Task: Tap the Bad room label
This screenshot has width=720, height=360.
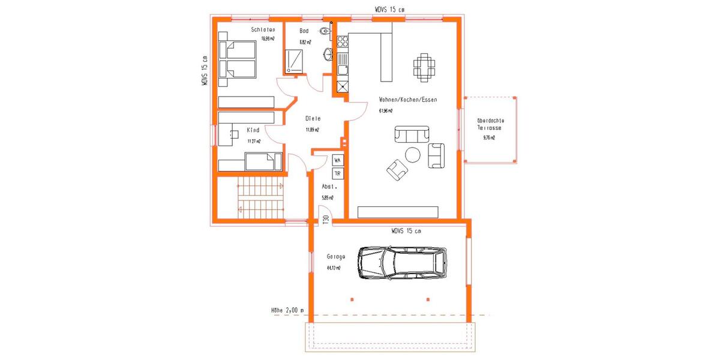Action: pyautogui.click(x=304, y=31)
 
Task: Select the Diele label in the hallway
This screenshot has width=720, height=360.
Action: pyautogui.click(x=312, y=119)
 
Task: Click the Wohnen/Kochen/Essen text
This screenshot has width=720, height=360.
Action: pyautogui.click(x=404, y=100)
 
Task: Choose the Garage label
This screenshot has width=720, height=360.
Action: pyautogui.click(x=335, y=256)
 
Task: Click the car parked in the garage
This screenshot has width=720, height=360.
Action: pyautogui.click(x=402, y=262)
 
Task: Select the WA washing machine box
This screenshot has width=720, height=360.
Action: pyautogui.click(x=338, y=161)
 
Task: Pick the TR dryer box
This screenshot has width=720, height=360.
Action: pyautogui.click(x=338, y=173)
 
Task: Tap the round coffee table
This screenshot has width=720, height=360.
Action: pyautogui.click(x=413, y=155)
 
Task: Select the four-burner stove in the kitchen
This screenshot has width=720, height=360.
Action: pyautogui.click(x=343, y=41)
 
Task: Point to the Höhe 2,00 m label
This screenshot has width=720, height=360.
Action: pyautogui.click(x=287, y=311)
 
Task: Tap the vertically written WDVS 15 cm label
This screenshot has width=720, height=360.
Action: pyautogui.click(x=205, y=71)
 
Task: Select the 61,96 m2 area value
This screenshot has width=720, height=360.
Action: pyautogui.click(x=386, y=111)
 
